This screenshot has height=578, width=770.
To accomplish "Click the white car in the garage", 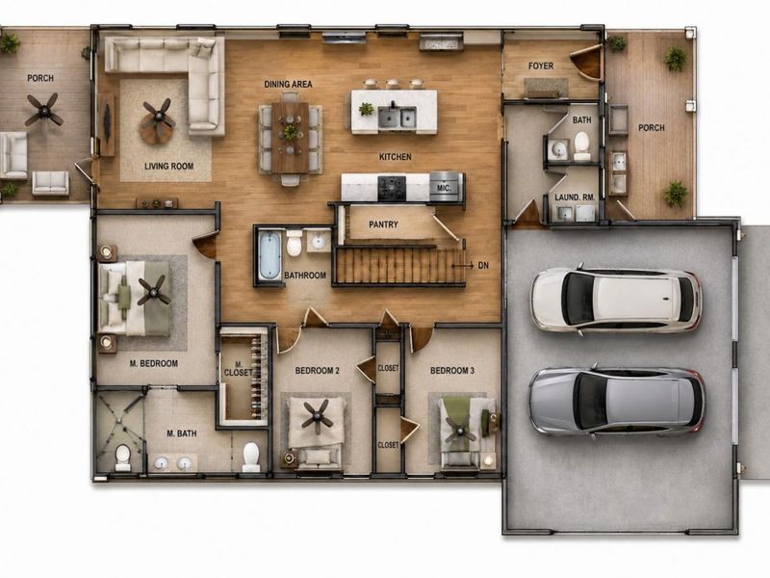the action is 616,299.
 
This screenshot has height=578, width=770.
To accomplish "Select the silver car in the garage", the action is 617,401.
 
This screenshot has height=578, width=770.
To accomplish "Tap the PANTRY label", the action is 383,224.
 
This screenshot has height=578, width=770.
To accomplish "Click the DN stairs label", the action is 483,266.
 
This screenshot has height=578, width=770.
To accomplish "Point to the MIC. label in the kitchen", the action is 440,188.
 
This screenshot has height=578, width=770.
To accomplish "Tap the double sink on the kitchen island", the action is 397,117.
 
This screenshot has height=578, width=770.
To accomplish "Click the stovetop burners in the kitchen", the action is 392,188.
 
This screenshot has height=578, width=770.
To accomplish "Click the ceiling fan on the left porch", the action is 44,110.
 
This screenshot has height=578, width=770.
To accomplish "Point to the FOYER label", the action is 541,66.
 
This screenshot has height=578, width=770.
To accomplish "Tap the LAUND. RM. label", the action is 575,197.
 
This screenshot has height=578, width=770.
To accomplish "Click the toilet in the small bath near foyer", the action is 582,146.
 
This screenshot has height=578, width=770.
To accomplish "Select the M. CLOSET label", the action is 238,369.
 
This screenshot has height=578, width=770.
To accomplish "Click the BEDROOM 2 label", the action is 318,371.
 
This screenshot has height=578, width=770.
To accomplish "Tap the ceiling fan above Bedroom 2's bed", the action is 316,417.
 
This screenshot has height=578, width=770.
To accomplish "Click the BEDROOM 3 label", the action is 452,371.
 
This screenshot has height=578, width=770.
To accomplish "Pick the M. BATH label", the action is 182,433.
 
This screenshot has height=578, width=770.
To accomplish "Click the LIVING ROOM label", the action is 169,166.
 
